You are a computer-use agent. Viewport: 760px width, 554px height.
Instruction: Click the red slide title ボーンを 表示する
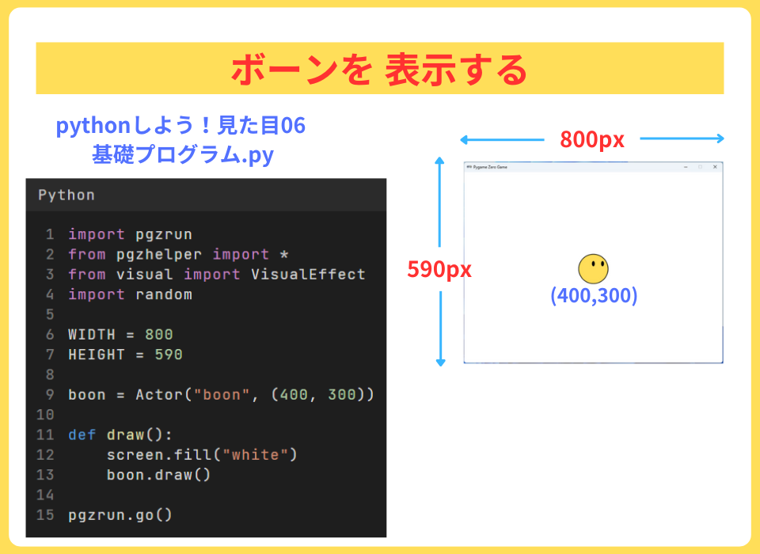pos(379,70)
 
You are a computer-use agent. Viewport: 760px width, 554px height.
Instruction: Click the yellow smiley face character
pos(593,268)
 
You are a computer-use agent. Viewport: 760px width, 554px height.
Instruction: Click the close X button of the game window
pos(715,167)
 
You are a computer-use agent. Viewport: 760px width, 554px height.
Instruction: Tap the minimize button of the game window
pos(686,167)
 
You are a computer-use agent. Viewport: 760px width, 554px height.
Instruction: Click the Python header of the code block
pos(66,195)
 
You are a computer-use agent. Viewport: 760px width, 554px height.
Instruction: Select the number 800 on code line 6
pos(159,335)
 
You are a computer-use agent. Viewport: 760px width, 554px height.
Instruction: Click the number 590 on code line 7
pos(169,355)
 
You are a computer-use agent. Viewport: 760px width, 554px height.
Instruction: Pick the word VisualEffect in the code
pos(308,275)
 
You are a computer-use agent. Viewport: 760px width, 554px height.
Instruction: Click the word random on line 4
pos(164,294)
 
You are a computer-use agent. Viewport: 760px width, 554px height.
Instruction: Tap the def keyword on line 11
pos(82,434)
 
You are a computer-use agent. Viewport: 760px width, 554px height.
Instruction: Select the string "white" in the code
pos(255,454)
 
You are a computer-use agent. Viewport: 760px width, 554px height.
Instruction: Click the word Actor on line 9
pos(159,395)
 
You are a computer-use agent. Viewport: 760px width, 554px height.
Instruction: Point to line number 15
pos(45,514)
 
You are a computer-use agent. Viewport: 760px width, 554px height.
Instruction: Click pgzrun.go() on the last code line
pos(120,515)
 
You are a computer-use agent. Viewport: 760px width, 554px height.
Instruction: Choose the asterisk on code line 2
pos(284,253)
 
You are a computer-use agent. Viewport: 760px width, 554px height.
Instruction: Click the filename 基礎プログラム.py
pos(183,154)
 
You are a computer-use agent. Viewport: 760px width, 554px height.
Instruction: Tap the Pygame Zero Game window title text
pos(490,167)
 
